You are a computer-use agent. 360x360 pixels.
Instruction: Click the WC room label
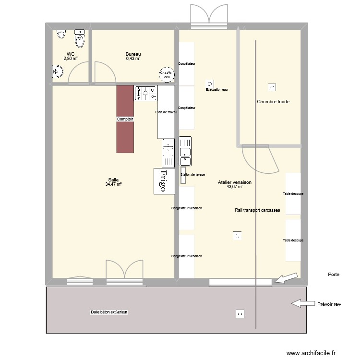coord(71,54)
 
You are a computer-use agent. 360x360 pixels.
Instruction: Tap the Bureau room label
coord(133,54)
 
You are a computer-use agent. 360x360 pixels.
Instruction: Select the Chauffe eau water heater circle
coord(167,74)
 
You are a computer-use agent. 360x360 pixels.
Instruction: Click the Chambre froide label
coord(273,102)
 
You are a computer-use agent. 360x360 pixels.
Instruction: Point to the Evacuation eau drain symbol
coord(209,83)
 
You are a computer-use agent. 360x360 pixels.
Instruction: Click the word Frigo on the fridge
coord(163,181)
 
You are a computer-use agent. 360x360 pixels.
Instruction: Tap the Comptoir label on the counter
coord(125,119)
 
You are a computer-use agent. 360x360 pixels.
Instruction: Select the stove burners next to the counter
coord(146,94)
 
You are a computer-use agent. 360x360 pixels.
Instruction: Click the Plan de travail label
coord(166,112)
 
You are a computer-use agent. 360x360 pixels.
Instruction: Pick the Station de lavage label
coord(193,174)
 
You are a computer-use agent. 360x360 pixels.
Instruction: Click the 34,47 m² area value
coord(113,184)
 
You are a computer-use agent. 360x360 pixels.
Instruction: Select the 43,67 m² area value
coord(235,187)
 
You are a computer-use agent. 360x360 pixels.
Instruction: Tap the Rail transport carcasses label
coord(257,210)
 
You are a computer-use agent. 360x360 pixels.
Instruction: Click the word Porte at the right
coord(334,275)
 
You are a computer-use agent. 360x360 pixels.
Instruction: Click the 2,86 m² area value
coord(71,59)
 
